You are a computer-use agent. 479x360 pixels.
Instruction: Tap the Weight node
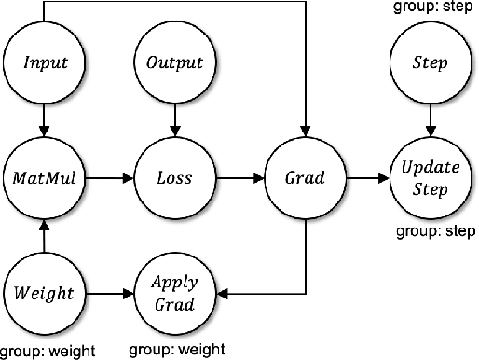[x=43, y=293]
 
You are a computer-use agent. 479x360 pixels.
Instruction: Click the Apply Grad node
[x=174, y=293]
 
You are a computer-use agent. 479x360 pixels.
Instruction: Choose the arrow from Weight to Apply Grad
[x=108, y=293]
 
